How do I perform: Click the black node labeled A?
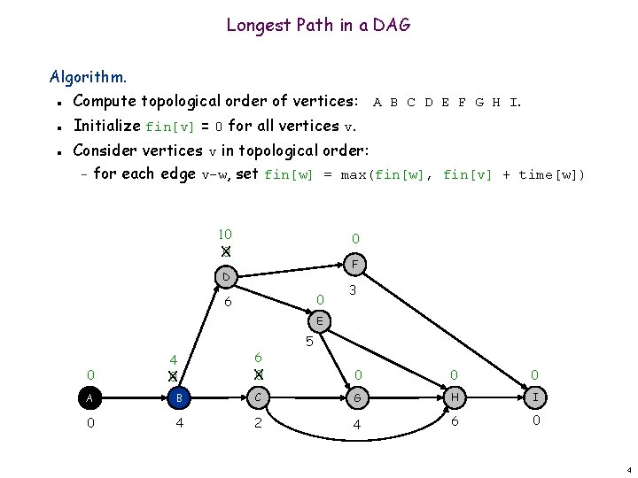(x=89, y=397)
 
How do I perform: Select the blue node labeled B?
(x=179, y=397)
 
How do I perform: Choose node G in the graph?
(x=358, y=397)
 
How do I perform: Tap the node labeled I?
(x=534, y=397)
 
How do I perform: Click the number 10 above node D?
(x=225, y=235)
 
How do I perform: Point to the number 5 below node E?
(x=308, y=342)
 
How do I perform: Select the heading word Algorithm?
(x=89, y=77)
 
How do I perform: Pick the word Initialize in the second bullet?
(x=107, y=125)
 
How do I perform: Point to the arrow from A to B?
(x=134, y=397)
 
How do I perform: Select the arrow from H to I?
(x=494, y=397)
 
